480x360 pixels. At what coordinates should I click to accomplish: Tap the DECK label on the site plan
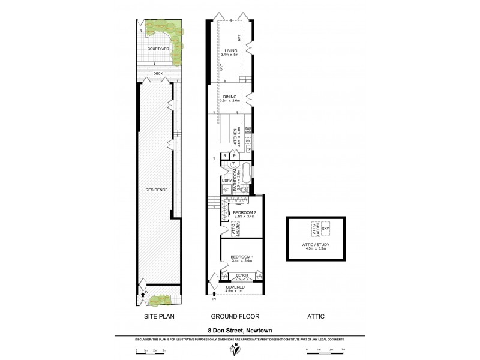[x=158, y=74]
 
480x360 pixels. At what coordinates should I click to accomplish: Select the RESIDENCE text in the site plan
[x=156, y=190]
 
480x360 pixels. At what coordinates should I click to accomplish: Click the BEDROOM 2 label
[x=245, y=213]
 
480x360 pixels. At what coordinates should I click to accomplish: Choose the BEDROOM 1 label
[x=242, y=258]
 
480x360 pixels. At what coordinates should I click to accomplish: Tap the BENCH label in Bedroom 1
[x=242, y=275]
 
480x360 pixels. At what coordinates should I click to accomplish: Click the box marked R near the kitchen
[x=225, y=156]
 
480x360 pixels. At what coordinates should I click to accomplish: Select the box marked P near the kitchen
[x=234, y=156]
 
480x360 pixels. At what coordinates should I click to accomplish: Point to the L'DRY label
[x=227, y=181]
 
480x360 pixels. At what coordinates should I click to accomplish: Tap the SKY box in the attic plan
[x=326, y=229]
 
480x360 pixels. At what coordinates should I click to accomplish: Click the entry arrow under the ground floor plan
[x=215, y=294]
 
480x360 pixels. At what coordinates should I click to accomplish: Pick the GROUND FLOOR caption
[x=232, y=316]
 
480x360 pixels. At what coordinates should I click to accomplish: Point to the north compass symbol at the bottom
[x=239, y=350]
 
